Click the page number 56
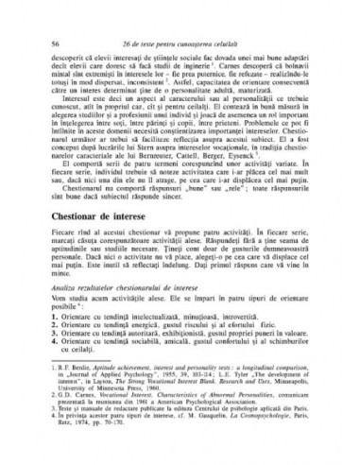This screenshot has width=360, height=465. point(58,44)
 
